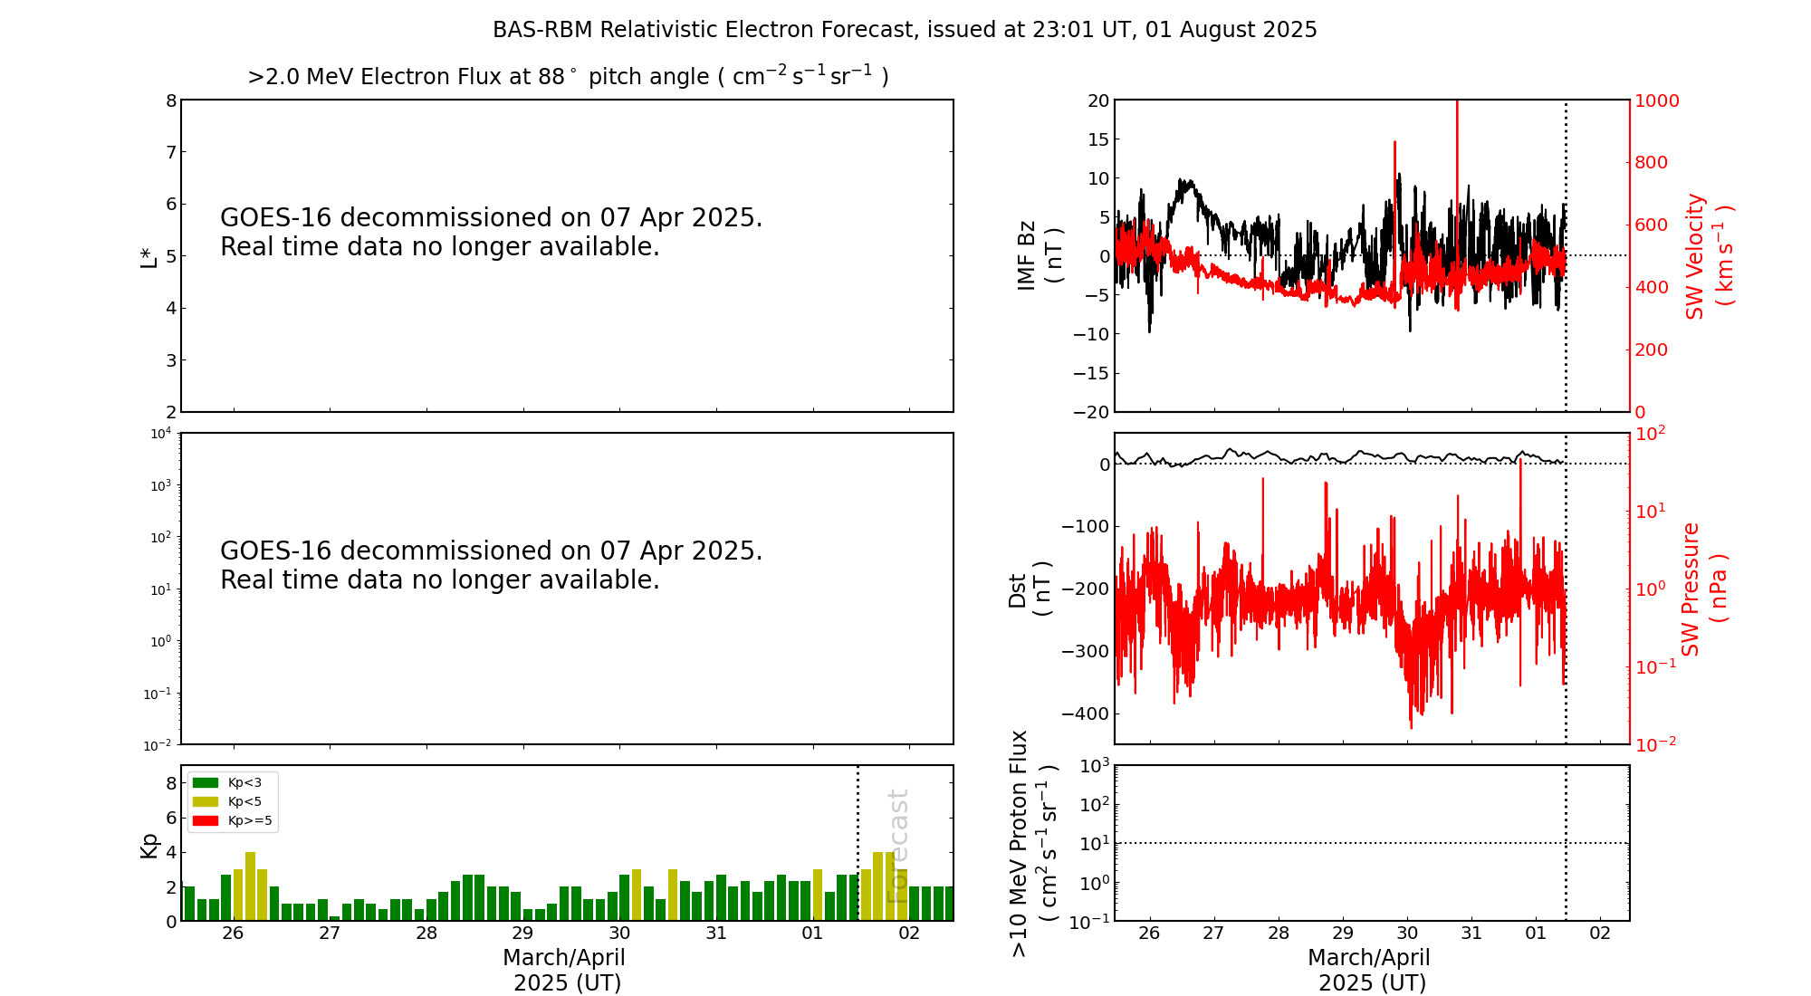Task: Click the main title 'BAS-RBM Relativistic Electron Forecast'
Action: [904, 30]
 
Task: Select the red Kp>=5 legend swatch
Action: [206, 821]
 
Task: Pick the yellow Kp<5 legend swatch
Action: [206, 801]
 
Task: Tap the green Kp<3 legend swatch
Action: [206, 782]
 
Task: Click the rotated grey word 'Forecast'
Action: [897, 846]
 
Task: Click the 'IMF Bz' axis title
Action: [1040, 255]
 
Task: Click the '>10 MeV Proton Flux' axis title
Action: [1032, 843]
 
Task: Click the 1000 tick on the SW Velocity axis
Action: [1656, 101]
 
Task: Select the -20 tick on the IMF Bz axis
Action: [1090, 412]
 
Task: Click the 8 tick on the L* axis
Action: [170, 101]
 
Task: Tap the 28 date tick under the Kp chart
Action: [426, 934]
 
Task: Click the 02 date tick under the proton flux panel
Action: [1600, 934]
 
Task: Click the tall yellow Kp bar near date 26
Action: [251, 886]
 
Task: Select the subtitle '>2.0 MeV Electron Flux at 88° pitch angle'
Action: [568, 77]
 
